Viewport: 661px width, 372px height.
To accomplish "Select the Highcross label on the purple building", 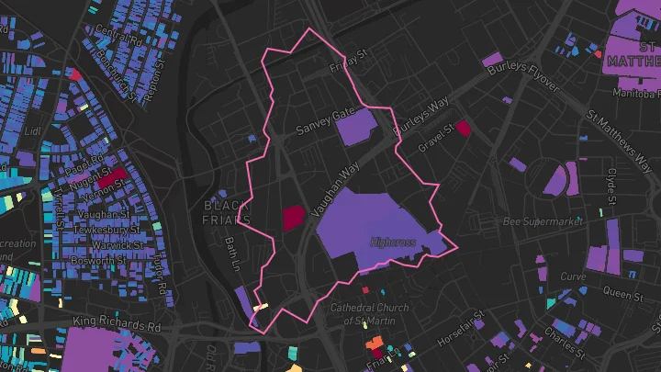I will click(x=393, y=242).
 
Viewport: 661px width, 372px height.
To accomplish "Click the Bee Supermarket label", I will click(x=543, y=222).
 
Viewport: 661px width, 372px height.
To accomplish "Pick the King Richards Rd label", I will click(x=117, y=325).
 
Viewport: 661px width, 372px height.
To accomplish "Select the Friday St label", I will click(x=350, y=60).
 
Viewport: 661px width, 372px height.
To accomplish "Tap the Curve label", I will click(x=572, y=276).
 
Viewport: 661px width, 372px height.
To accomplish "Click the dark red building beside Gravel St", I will click(x=463, y=129).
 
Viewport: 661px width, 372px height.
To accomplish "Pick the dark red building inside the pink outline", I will click(x=293, y=218).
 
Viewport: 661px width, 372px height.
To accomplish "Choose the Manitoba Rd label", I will click(x=634, y=94).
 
